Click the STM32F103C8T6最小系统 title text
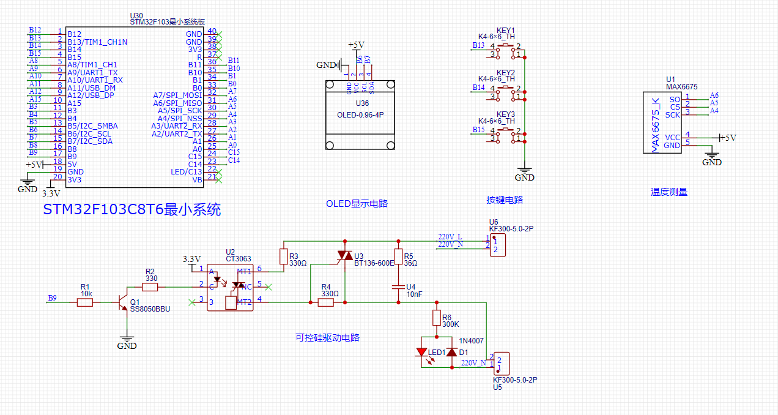click(x=132, y=210)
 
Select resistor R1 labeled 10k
click(x=85, y=302)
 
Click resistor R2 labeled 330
click(x=150, y=286)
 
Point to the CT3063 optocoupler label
click(x=238, y=259)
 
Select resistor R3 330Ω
click(x=283, y=256)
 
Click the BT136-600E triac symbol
click(x=346, y=255)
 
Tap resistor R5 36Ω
click(x=398, y=256)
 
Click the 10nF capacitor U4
click(x=398, y=287)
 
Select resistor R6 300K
click(x=437, y=318)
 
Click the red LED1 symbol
click(x=421, y=353)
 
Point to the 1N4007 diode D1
click(x=452, y=353)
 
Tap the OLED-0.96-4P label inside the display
click(x=361, y=115)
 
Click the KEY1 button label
click(x=505, y=31)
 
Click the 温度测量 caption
click(x=669, y=192)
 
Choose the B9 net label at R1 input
click(x=52, y=298)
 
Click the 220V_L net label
click(x=450, y=236)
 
